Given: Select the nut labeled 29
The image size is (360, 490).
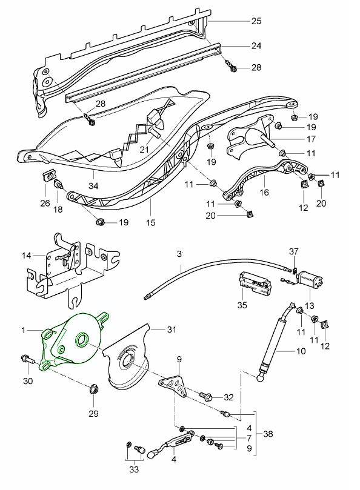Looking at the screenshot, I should pos(93,389).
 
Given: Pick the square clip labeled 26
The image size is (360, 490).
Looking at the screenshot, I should pos(46,177).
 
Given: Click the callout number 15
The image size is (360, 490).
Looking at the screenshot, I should pos(151,222).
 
